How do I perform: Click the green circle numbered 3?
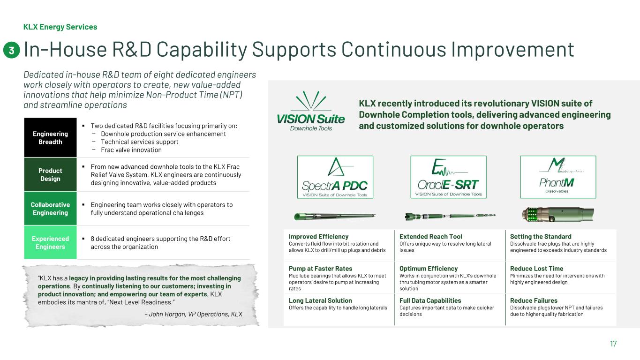pos(11,50)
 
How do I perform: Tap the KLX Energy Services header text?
pos(60,27)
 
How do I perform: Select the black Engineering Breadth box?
pos(50,137)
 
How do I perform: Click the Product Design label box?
pos(50,174)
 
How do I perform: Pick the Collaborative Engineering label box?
pos(50,209)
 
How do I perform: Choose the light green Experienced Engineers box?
pos(50,242)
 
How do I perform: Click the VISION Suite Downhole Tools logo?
pos(311,111)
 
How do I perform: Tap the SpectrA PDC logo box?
pos(335,177)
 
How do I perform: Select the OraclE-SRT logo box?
pos(448,177)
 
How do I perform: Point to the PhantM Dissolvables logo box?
pos(558,177)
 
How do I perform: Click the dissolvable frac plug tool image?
pos(558,214)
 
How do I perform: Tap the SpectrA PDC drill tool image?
pos(335,217)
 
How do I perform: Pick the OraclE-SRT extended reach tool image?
pos(450,216)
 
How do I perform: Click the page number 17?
pos(613,344)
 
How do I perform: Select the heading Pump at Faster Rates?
pos(320,269)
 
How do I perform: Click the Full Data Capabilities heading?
pos(430,300)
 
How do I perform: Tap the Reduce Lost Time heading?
pos(536,269)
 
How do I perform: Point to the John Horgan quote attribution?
pos(194,314)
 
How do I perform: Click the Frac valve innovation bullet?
pos(131,150)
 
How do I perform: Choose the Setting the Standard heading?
pos(541,237)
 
